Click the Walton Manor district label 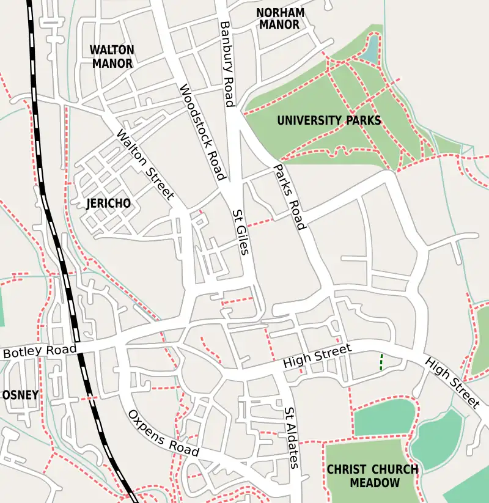111,56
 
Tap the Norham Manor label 280,19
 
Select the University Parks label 329,120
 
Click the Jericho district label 109,204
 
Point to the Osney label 20,395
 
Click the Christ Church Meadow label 372,476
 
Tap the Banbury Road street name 227,64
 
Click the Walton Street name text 145,166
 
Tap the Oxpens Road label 163,433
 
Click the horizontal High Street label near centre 317,356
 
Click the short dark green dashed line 382,362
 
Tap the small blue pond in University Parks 370,50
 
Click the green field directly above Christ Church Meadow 383,417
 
